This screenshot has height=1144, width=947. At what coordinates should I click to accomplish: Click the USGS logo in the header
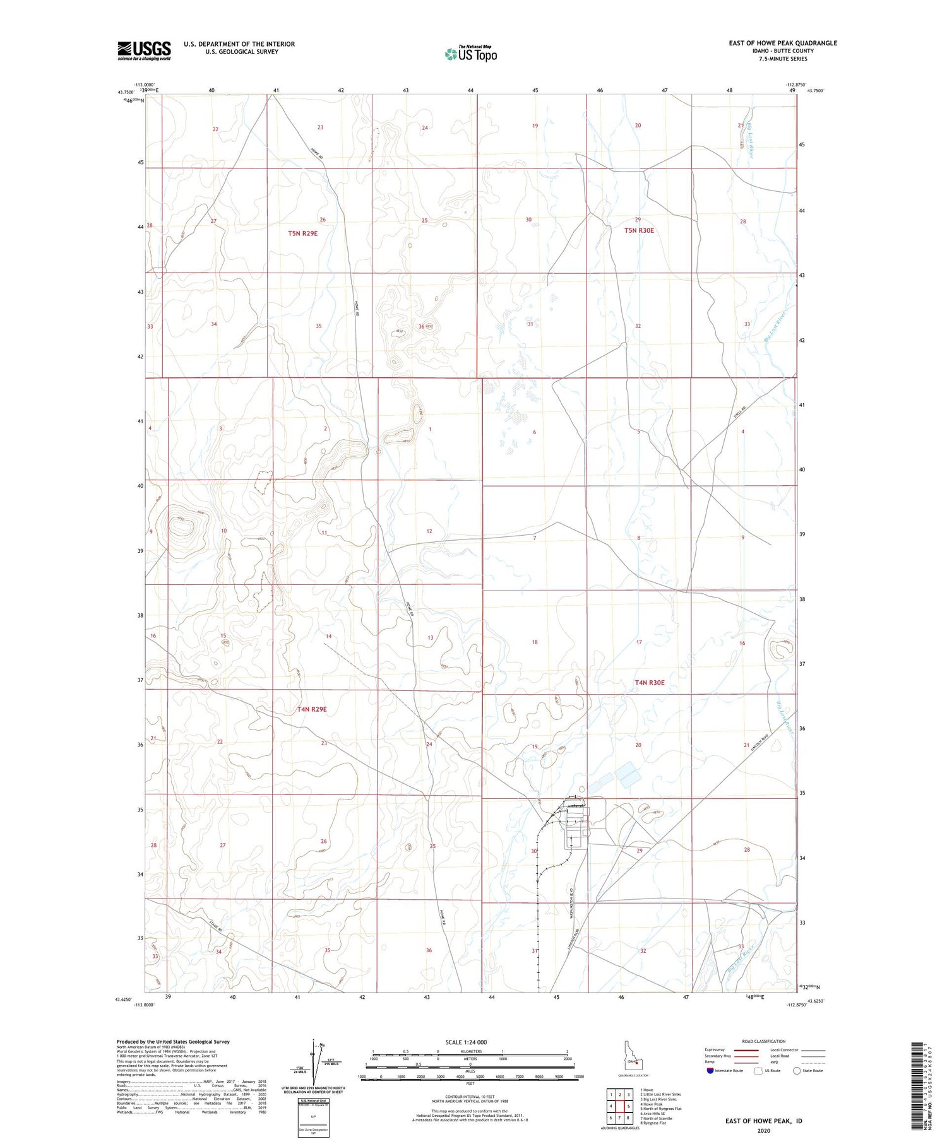[x=144, y=50]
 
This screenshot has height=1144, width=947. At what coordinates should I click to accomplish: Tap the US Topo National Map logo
[x=470, y=54]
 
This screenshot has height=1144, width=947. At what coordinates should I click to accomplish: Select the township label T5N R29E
[x=302, y=233]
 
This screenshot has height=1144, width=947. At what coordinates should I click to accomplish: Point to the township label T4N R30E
[x=650, y=682]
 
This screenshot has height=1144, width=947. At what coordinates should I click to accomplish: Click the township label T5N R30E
[x=639, y=230]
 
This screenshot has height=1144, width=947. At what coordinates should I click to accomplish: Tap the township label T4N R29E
[x=312, y=709]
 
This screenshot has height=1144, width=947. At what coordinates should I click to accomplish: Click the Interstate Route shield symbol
[x=710, y=1071]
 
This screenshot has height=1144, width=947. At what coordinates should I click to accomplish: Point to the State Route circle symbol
[x=797, y=1071]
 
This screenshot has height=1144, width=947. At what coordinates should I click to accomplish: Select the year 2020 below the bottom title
[x=763, y=1130]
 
